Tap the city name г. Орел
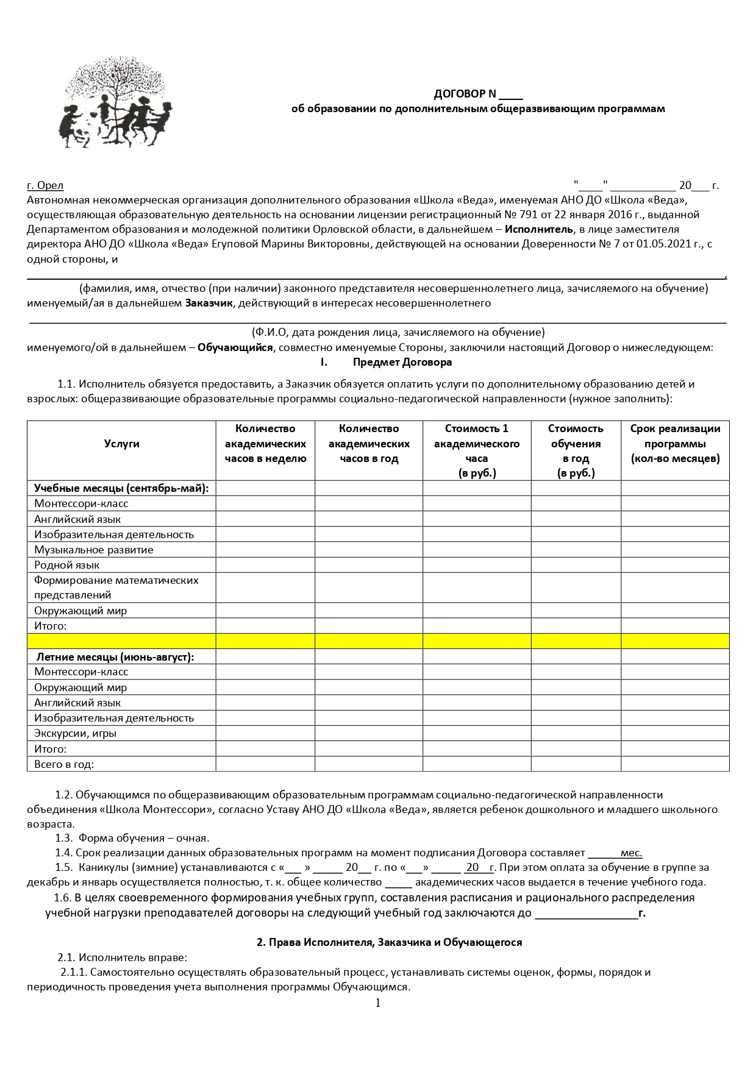pyautogui.click(x=45, y=185)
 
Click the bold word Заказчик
pyautogui.click(x=209, y=303)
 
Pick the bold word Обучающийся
pyautogui.click(x=235, y=347)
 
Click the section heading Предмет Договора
pyautogui.click(x=402, y=362)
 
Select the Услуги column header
pyautogui.click(x=121, y=444)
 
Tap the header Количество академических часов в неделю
pyautogui.click(x=265, y=444)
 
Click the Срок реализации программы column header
pyautogui.click(x=675, y=444)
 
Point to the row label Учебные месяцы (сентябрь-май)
pyautogui.click(x=121, y=488)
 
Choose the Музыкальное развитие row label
pyautogui.click(x=94, y=550)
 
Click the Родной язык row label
pyautogui.click(x=67, y=565)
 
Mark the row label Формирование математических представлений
pyautogui.click(x=116, y=588)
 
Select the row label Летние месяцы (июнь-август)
pyautogui.click(x=115, y=657)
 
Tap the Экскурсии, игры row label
pyautogui.click(x=76, y=733)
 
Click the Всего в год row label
pyautogui.click(x=64, y=764)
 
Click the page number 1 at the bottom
pyautogui.click(x=378, y=1003)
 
